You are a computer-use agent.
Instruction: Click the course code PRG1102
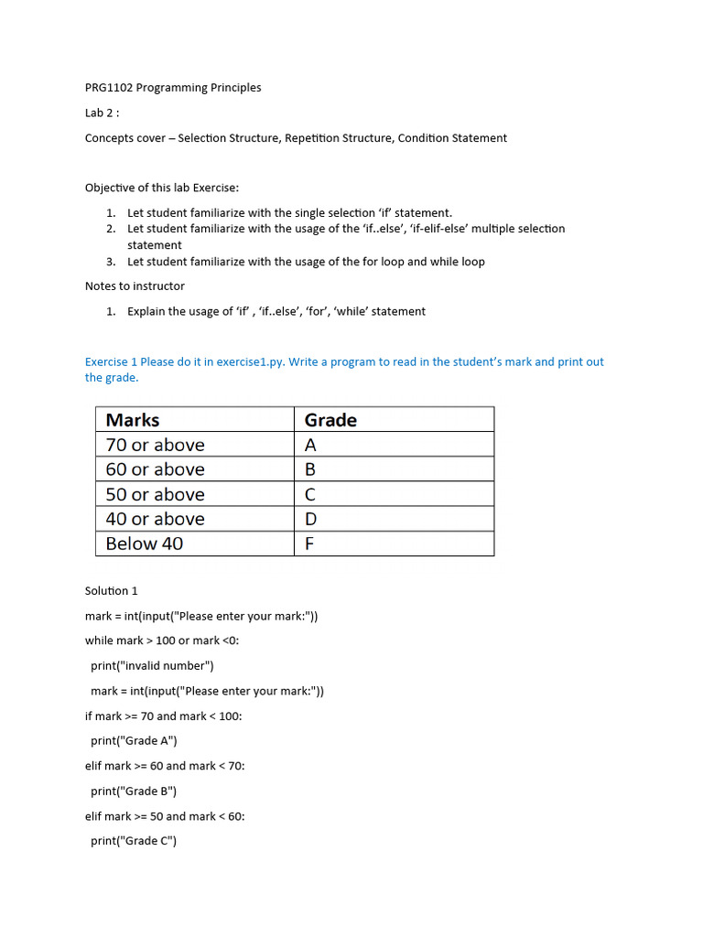click(x=108, y=88)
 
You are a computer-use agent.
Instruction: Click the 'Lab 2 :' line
click(x=103, y=113)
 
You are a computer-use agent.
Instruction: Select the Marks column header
click(x=133, y=420)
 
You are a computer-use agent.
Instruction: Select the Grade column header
click(x=330, y=420)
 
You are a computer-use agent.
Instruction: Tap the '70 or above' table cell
click(x=155, y=445)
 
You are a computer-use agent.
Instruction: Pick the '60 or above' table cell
click(x=155, y=469)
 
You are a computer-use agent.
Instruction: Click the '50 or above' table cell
click(x=155, y=494)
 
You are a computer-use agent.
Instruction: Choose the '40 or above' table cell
click(x=155, y=519)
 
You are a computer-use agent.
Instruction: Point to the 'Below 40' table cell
click(x=144, y=544)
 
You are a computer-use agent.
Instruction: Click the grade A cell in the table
click(x=310, y=445)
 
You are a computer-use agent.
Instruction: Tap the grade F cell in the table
click(x=309, y=544)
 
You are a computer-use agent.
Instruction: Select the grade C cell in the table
click(x=310, y=494)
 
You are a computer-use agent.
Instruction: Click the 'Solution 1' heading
click(x=112, y=591)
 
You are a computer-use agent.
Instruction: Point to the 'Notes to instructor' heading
click(x=135, y=286)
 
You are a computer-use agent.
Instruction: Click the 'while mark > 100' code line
click(x=162, y=641)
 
